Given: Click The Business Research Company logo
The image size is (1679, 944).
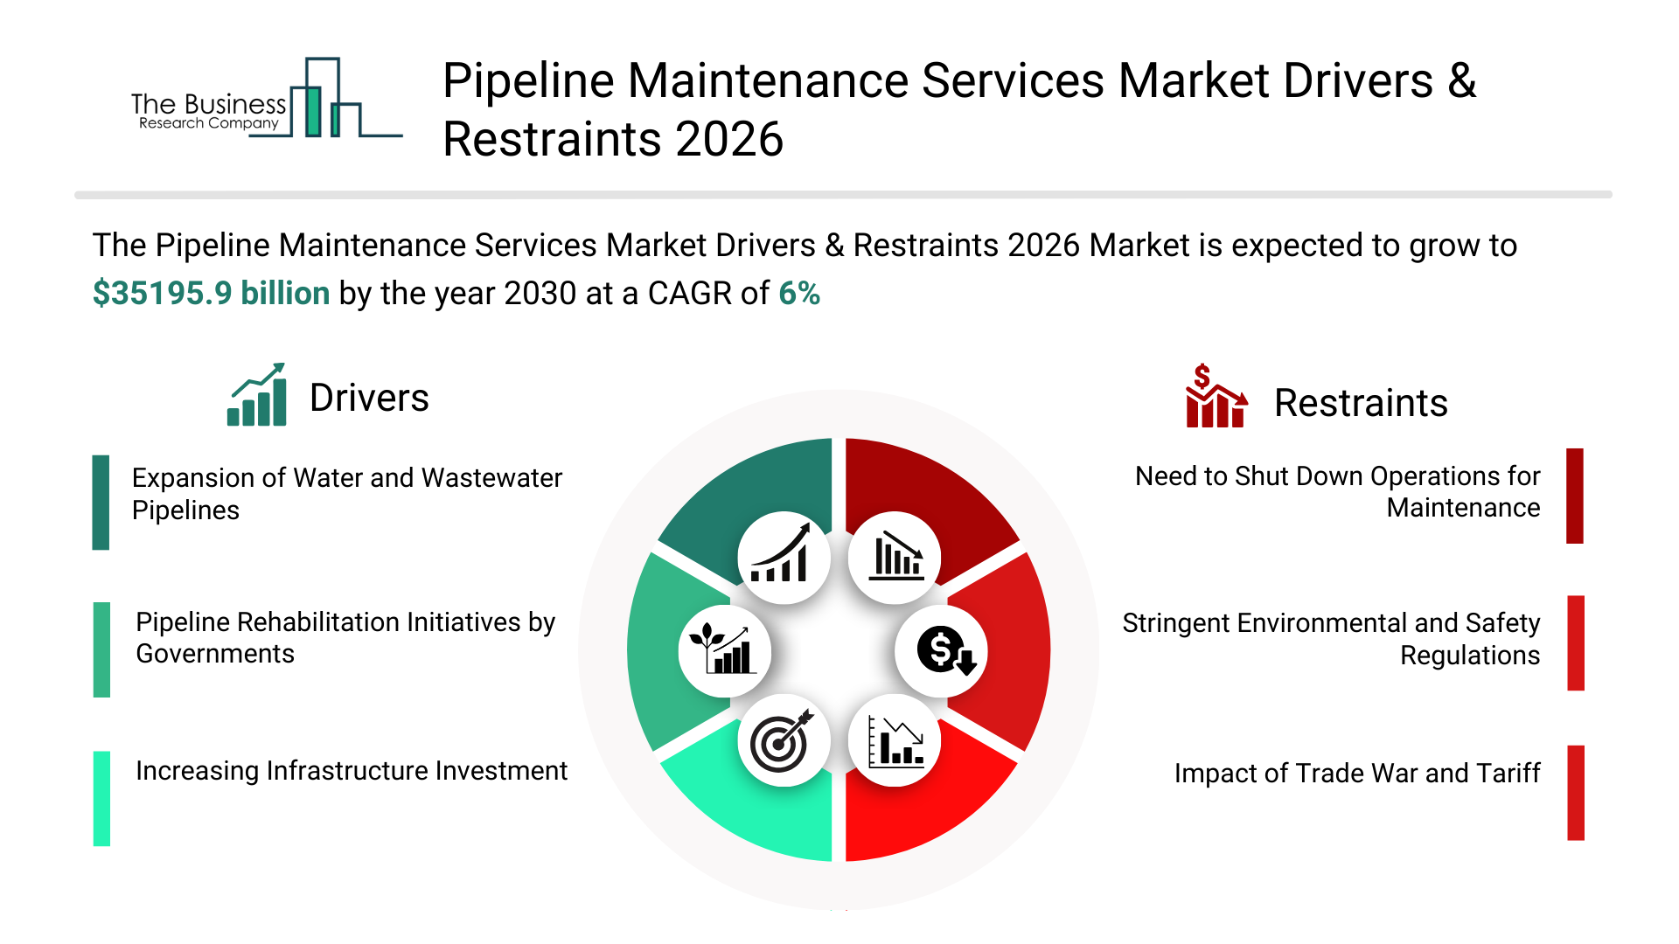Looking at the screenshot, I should pos(266,100).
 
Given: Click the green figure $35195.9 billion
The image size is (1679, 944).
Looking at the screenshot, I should pos(211,294).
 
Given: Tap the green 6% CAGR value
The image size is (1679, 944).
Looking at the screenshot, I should pos(799,294).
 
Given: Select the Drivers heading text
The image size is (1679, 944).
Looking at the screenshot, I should pos(369,399).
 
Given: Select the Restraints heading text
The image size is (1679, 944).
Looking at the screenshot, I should pos(1361,404).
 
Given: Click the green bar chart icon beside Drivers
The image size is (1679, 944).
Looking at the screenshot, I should pos(257,395).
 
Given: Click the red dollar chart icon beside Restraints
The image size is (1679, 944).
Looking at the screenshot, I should pos(1216,397).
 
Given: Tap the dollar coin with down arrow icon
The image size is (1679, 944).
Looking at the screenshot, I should pos(943,651).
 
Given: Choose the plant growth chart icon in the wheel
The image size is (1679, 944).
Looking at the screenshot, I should pos(724,651).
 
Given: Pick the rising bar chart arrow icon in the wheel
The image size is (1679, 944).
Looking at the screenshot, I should pos(784,558).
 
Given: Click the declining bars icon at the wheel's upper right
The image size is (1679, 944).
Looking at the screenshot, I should pos(895,558).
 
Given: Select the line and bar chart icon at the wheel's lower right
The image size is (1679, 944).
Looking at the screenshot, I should pos(895,741).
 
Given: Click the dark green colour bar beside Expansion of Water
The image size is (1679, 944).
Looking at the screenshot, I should pos(101,503).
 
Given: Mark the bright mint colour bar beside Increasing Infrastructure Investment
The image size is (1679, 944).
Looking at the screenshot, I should pos(101,798).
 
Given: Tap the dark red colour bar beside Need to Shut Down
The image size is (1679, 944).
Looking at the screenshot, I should pos(1575,496).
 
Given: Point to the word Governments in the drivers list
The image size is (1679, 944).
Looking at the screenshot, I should pos(215,654).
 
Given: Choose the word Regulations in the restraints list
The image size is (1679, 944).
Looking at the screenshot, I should pos(1470,656).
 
